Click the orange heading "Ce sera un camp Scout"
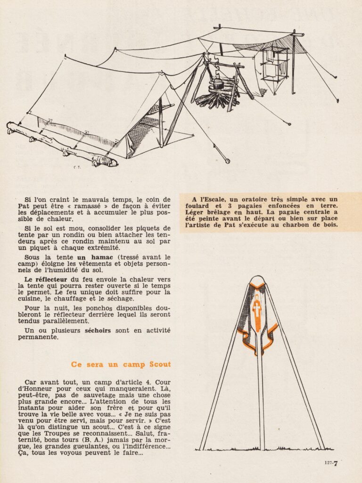point(121,365)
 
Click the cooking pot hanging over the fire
point(217,84)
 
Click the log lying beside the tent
point(61,143)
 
